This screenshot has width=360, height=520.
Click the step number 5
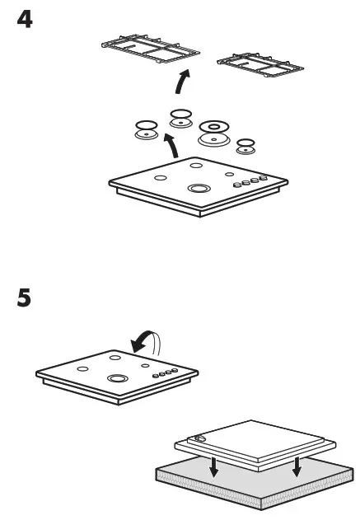26,297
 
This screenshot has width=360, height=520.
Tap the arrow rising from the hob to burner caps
171,146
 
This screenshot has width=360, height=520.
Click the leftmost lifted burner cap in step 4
147,129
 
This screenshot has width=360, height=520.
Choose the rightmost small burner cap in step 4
245,146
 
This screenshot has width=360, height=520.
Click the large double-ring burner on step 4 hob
197,189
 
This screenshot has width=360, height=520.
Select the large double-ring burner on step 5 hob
116,379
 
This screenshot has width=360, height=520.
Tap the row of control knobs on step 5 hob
166,373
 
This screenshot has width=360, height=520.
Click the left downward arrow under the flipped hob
213,467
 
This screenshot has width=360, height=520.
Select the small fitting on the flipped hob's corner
200,440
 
